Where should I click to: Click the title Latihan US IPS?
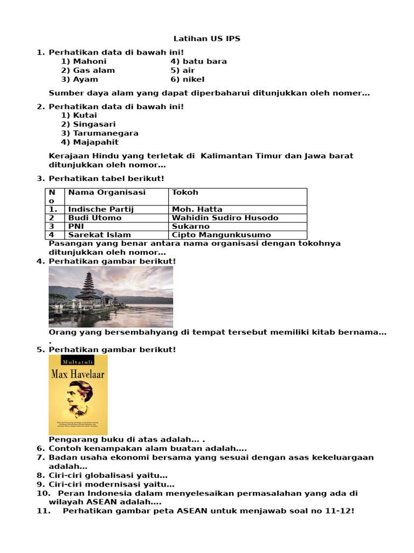tap(206, 39)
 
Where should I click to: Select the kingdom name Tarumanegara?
tap(106, 133)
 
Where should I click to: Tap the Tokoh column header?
tap(185, 192)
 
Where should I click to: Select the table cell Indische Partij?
tap(101, 209)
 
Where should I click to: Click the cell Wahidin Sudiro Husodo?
tap(225, 218)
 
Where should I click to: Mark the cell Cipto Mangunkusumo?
tap(221, 235)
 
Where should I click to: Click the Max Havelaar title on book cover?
tap(78, 373)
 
